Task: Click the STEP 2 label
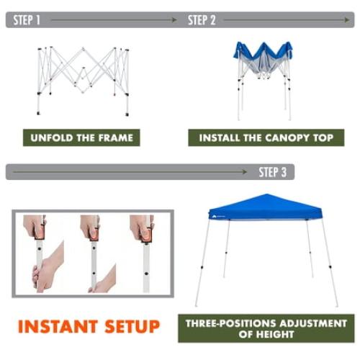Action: click(202, 20)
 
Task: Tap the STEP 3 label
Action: click(272, 172)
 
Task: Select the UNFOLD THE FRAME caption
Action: click(81, 138)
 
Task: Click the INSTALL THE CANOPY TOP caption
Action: click(266, 138)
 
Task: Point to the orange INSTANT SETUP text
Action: click(89, 326)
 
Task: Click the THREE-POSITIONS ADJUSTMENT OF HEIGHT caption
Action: click(266, 328)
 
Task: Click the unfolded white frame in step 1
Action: click(81, 79)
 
